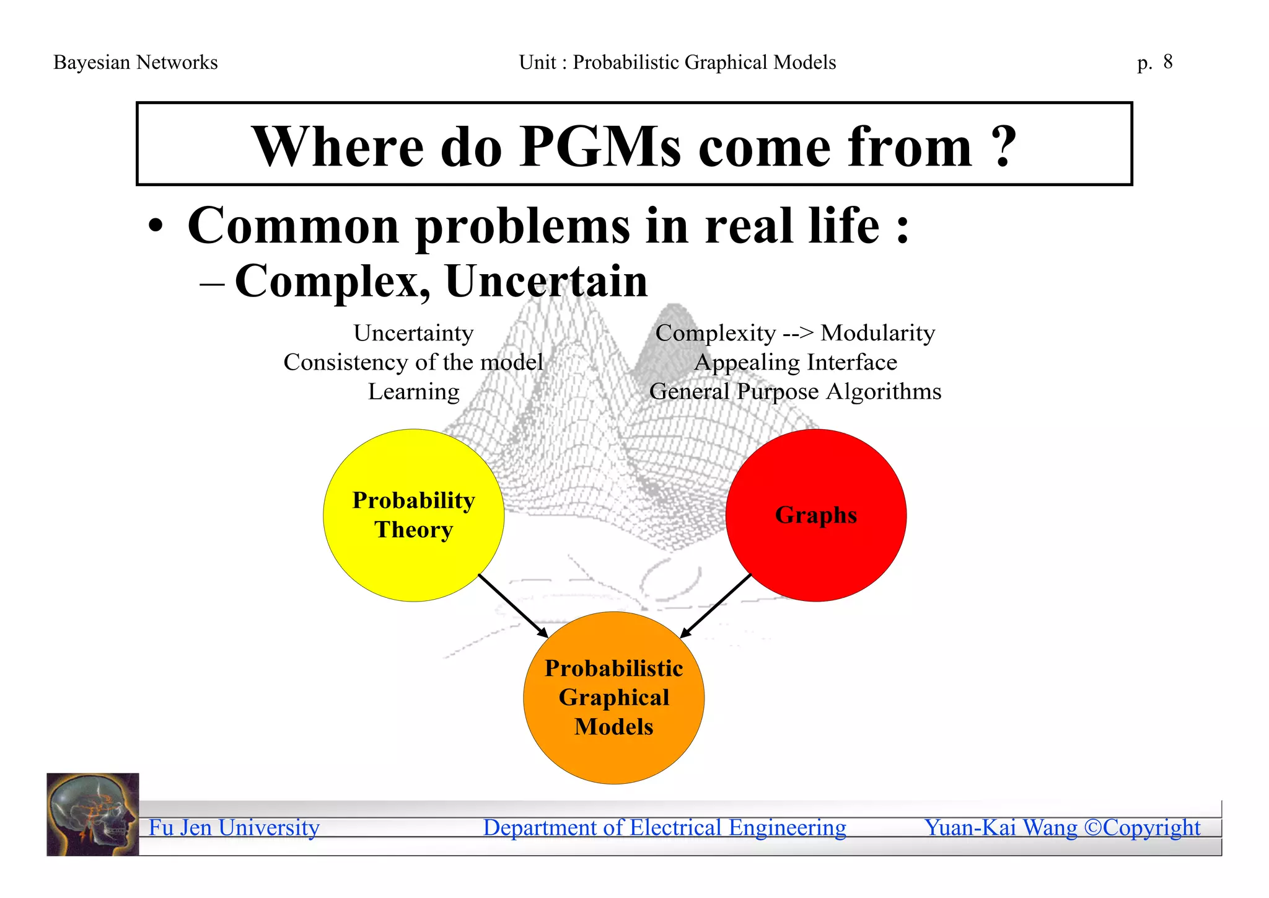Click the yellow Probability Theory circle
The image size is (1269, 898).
pos(413,558)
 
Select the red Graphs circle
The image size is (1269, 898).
pos(815,552)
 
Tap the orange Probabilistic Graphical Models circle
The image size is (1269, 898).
pos(613,757)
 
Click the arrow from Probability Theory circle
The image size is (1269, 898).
pos(513,606)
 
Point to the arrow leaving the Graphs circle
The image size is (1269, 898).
pos(716,606)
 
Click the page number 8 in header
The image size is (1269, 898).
pos(1167,62)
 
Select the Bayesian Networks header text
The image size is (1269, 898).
pos(135,63)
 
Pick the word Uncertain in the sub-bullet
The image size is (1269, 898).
pos(546,282)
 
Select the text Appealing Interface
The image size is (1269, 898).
pos(795,362)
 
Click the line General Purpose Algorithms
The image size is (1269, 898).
pos(795,392)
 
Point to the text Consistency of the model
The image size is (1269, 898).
pos(413,362)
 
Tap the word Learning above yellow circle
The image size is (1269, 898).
pos(413,392)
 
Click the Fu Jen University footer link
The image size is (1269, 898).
pos(234,828)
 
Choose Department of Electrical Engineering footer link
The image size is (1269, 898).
pos(664,828)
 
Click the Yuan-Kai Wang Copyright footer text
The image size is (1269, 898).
pos(1062,828)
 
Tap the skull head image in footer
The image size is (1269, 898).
pos(93,814)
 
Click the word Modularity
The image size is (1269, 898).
pos(877,333)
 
